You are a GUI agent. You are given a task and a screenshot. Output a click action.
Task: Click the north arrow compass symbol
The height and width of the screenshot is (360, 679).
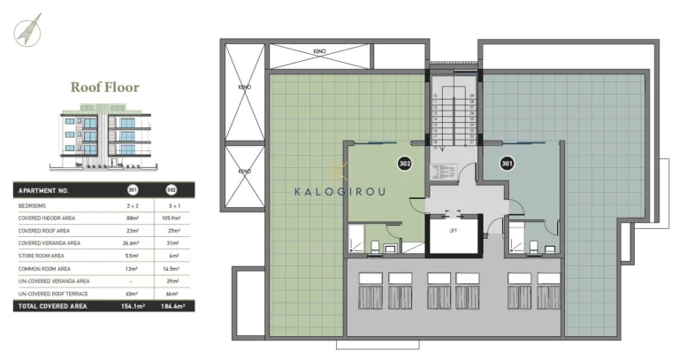coord(27,28)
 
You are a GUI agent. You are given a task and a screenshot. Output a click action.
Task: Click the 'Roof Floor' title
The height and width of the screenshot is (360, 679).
coord(105,88)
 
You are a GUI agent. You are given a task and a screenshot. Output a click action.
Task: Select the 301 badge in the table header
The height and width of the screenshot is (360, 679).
coord(134,190)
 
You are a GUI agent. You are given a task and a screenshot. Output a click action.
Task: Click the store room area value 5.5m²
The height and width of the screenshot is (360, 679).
coord(134,255)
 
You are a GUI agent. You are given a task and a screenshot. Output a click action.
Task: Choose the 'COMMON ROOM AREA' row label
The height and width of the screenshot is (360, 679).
coord(43,267)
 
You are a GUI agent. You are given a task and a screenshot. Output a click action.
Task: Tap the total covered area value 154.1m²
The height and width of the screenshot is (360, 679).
coord(134,306)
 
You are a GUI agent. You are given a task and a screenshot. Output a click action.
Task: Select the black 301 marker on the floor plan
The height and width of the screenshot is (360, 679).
coord(507,163)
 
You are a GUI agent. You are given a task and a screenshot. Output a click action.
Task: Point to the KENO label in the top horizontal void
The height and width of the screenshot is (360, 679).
coord(320,51)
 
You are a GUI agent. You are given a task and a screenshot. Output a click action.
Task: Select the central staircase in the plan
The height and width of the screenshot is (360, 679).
coord(453,119)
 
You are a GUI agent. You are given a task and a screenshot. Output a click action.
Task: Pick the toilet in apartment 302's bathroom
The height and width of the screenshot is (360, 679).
coord(375,249)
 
